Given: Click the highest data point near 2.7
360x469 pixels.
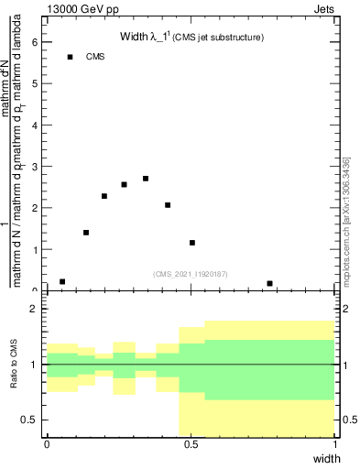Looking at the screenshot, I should (x=146, y=179).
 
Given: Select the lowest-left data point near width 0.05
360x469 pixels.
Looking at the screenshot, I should (x=62, y=282).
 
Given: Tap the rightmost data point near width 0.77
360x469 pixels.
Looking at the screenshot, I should (x=269, y=284).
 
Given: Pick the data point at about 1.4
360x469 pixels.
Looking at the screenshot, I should (x=86, y=233).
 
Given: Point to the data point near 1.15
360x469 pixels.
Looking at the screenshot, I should (x=192, y=243).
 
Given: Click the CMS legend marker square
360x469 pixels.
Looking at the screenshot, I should (x=70, y=57).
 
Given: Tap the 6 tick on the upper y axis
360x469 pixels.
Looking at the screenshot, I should (x=35, y=42).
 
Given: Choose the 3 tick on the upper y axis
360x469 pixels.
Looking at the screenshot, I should (x=35, y=167).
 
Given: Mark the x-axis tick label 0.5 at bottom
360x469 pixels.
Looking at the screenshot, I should (x=191, y=444).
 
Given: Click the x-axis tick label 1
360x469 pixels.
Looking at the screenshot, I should (x=335, y=444).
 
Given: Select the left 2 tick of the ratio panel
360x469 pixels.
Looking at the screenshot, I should (x=35, y=309).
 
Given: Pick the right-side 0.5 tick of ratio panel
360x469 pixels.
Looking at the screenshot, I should (x=349, y=420).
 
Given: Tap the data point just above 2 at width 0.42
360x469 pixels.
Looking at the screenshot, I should (x=168, y=205).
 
